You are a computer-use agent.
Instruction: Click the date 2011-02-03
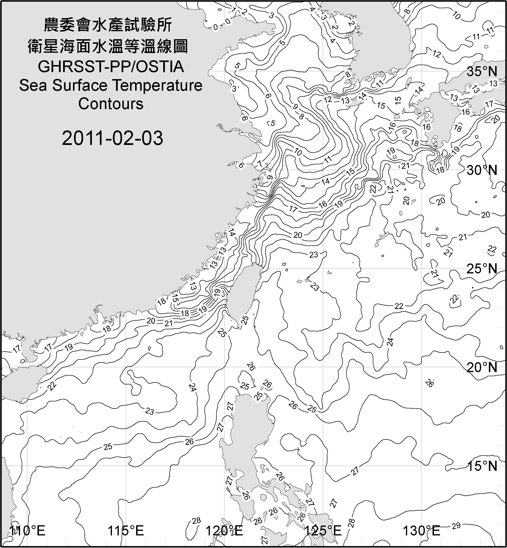tap(112, 138)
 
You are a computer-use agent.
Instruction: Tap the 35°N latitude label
tap(482, 72)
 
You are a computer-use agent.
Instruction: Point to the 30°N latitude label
tap(482, 170)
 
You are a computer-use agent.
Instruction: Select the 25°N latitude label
tap(482, 269)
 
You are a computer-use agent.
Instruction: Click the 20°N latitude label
tap(482, 367)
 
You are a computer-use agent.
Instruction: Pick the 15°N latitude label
tap(482, 466)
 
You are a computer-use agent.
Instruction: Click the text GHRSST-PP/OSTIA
tap(111, 67)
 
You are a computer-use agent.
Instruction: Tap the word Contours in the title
tap(111, 104)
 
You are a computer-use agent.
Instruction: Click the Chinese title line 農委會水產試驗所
tap(108, 25)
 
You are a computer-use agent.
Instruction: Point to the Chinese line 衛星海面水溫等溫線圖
tap(108, 46)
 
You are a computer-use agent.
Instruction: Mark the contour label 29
tap(456, 526)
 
